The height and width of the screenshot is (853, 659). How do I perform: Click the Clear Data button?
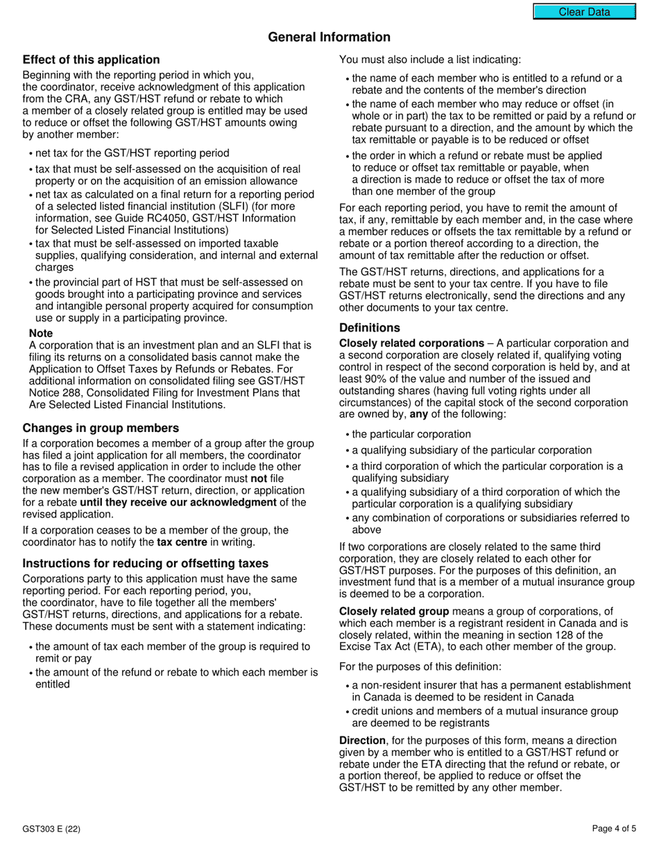(584, 12)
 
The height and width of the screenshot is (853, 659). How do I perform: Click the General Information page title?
(329, 37)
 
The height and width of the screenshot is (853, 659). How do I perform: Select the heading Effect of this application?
(91, 60)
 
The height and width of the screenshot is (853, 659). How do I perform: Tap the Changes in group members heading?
(101, 428)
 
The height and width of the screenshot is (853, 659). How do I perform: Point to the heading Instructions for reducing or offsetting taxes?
(146, 563)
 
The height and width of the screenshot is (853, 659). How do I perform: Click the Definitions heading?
(370, 327)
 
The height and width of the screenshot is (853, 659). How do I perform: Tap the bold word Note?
(41, 334)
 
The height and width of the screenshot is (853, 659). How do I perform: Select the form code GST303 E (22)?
(51, 828)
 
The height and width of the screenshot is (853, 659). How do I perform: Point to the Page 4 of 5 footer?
(614, 828)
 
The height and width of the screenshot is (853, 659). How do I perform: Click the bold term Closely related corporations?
(411, 343)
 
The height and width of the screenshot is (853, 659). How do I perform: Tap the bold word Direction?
(362, 741)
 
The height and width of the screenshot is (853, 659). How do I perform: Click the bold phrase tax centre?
(182, 542)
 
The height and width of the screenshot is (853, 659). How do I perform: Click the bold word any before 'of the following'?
(418, 414)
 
